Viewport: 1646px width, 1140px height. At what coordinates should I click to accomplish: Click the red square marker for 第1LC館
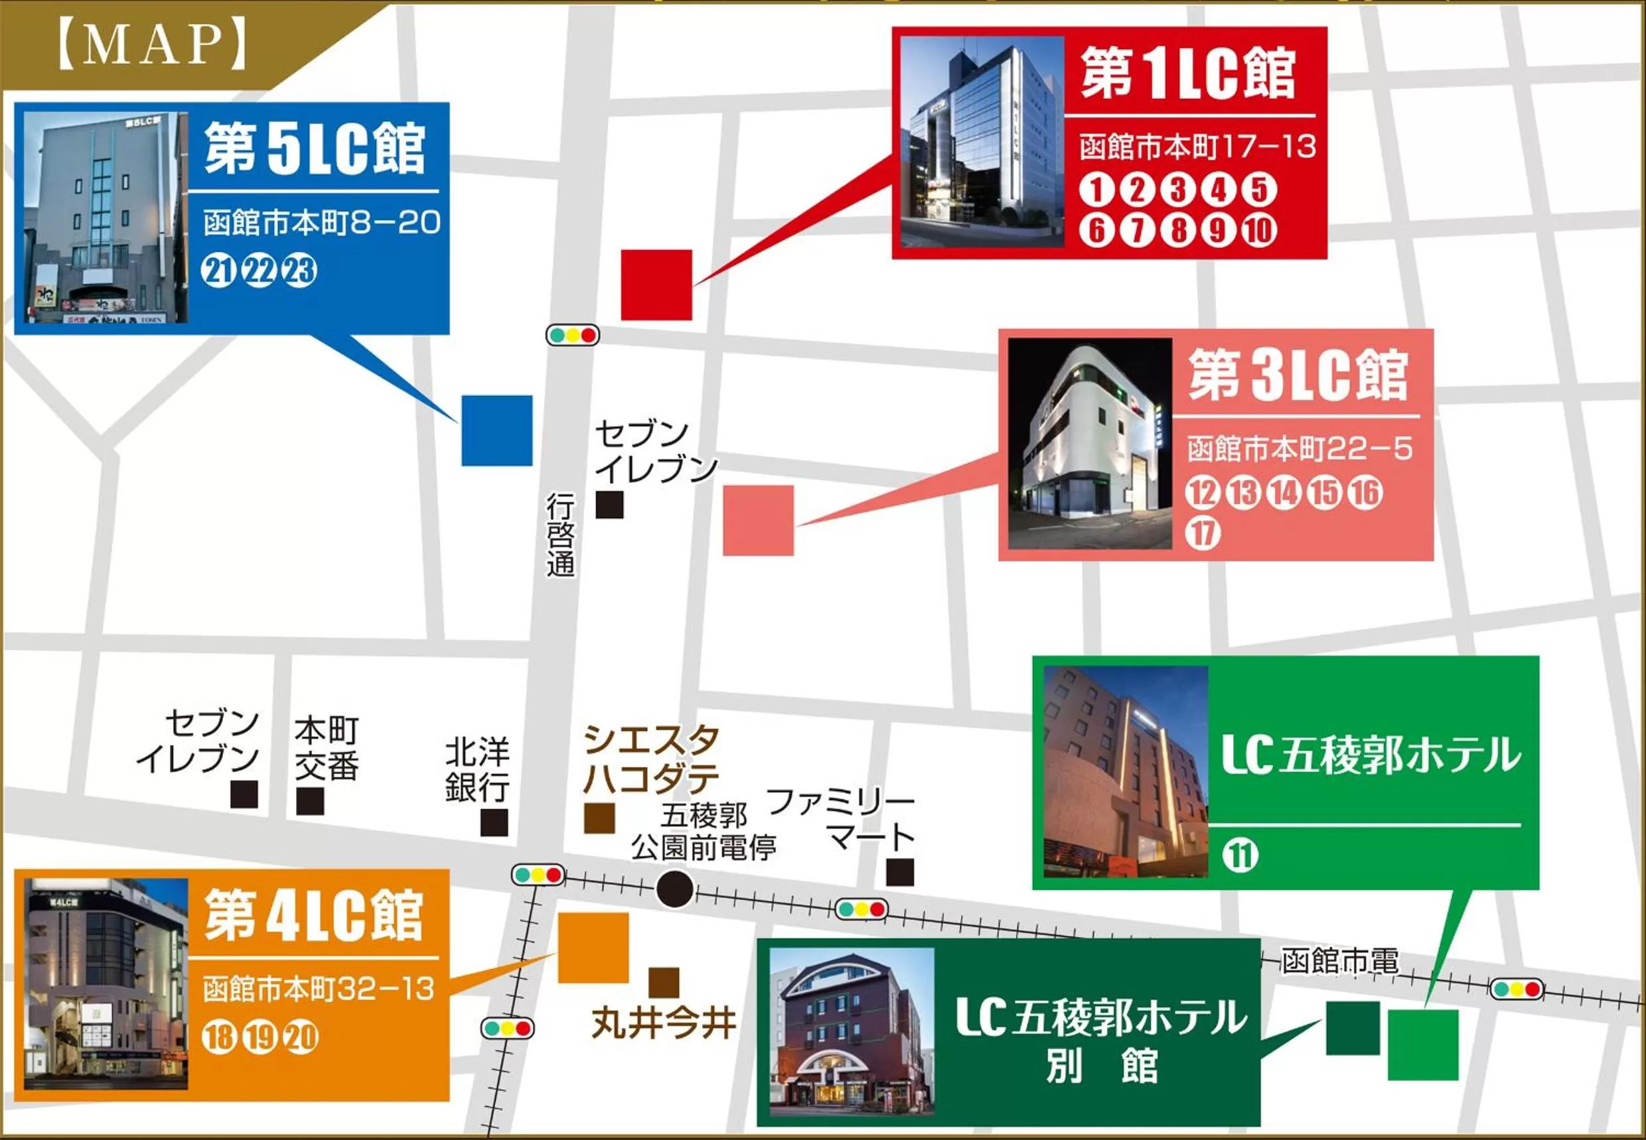[x=656, y=285]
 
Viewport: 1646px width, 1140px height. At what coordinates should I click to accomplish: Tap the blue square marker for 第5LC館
[x=496, y=430]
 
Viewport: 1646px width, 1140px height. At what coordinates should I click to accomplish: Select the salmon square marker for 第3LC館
[x=759, y=520]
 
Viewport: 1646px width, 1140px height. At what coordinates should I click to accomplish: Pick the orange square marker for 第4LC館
[x=593, y=947]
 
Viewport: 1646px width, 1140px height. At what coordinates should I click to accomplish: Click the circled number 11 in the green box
[x=1240, y=855]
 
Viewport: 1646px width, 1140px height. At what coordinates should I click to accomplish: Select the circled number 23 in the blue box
[x=300, y=271]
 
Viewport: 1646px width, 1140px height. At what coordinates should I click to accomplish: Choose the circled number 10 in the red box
[x=1258, y=230]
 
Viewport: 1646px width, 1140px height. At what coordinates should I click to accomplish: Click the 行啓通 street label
[x=561, y=535]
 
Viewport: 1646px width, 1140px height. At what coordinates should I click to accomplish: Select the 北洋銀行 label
[x=477, y=770]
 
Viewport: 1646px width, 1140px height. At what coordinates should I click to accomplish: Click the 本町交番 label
[x=326, y=749]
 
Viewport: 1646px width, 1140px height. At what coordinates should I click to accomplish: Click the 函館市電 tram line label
[x=1339, y=961]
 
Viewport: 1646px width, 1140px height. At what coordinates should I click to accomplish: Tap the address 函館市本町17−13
[x=1197, y=147]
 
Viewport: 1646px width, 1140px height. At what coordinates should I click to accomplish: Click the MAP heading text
[x=152, y=45]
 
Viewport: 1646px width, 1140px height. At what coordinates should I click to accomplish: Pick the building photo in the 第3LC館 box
[x=1089, y=444]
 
